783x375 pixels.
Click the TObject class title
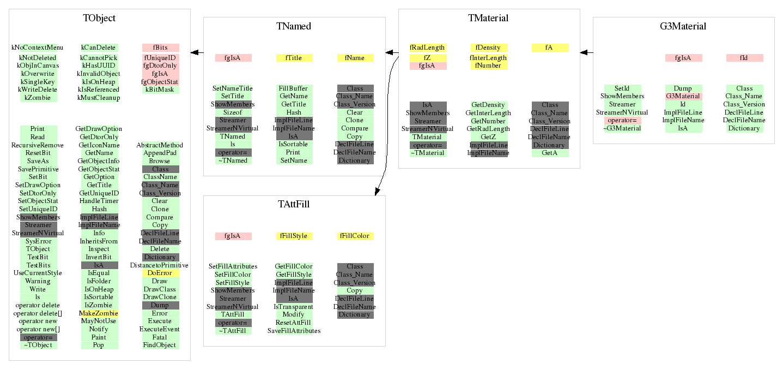(99, 18)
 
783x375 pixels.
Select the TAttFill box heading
(294, 204)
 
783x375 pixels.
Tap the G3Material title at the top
(683, 26)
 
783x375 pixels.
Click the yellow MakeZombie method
(99, 313)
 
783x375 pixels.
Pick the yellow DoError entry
(160, 273)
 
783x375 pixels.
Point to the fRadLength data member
(428, 47)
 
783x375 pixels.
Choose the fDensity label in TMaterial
(488, 47)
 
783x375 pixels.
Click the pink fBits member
(160, 47)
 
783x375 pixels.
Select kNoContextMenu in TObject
(38, 47)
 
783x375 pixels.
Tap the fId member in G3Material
(744, 57)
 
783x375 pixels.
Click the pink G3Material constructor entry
(683, 96)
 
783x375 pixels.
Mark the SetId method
(622, 88)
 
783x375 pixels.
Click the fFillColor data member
(355, 236)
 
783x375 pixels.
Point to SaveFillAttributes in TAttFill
(294, 330)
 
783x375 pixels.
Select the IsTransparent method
(294, 306)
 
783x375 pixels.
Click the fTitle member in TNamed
(294, 57)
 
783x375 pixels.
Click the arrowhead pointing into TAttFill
(376, 191)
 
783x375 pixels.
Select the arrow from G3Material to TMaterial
(586, 52)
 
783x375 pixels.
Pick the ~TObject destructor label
(38, 345)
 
